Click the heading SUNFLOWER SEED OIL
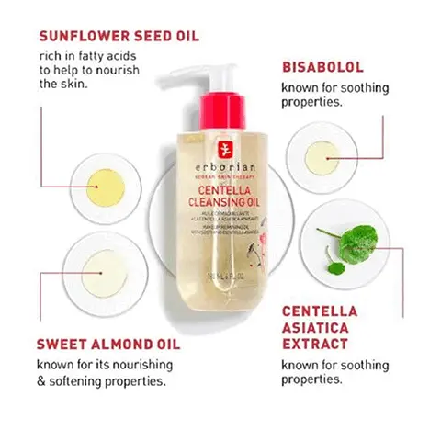(x=119, y=38)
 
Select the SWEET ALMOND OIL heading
(x=107, y=345)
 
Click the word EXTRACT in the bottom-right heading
(x=314, y=345)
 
